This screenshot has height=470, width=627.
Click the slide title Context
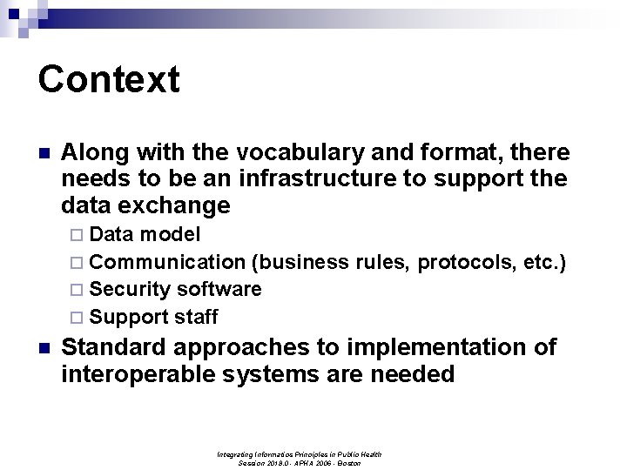click(x=109, y=79)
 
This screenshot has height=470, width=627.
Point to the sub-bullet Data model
click(x=145, y=235)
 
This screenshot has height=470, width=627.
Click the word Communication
click(x=167, y=262)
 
